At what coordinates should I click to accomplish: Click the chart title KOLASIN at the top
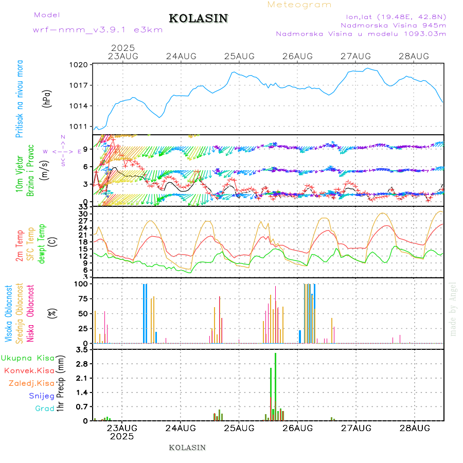(x=198, y=19)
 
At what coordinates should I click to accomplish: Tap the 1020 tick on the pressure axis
(x=80, y=65)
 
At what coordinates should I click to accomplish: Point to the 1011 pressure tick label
(x=80, y=127)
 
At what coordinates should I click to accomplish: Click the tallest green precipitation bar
(x=276, y=386)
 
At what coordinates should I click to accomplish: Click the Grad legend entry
(x=44, y=408)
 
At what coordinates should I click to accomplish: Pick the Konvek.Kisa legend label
(x=29, y=370)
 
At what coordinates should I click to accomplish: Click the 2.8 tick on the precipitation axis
(x=81, y=364)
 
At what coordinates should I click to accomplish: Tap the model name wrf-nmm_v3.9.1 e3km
(x=98, y=30)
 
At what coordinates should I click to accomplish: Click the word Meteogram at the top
(x=299, y=5)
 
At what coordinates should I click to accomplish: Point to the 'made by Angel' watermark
(x=453, y=309)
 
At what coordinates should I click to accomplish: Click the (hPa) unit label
(x=47, y=98)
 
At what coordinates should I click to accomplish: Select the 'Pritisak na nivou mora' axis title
(x=20, y=98)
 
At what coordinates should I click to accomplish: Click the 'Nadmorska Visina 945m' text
(x=393, y=25)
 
